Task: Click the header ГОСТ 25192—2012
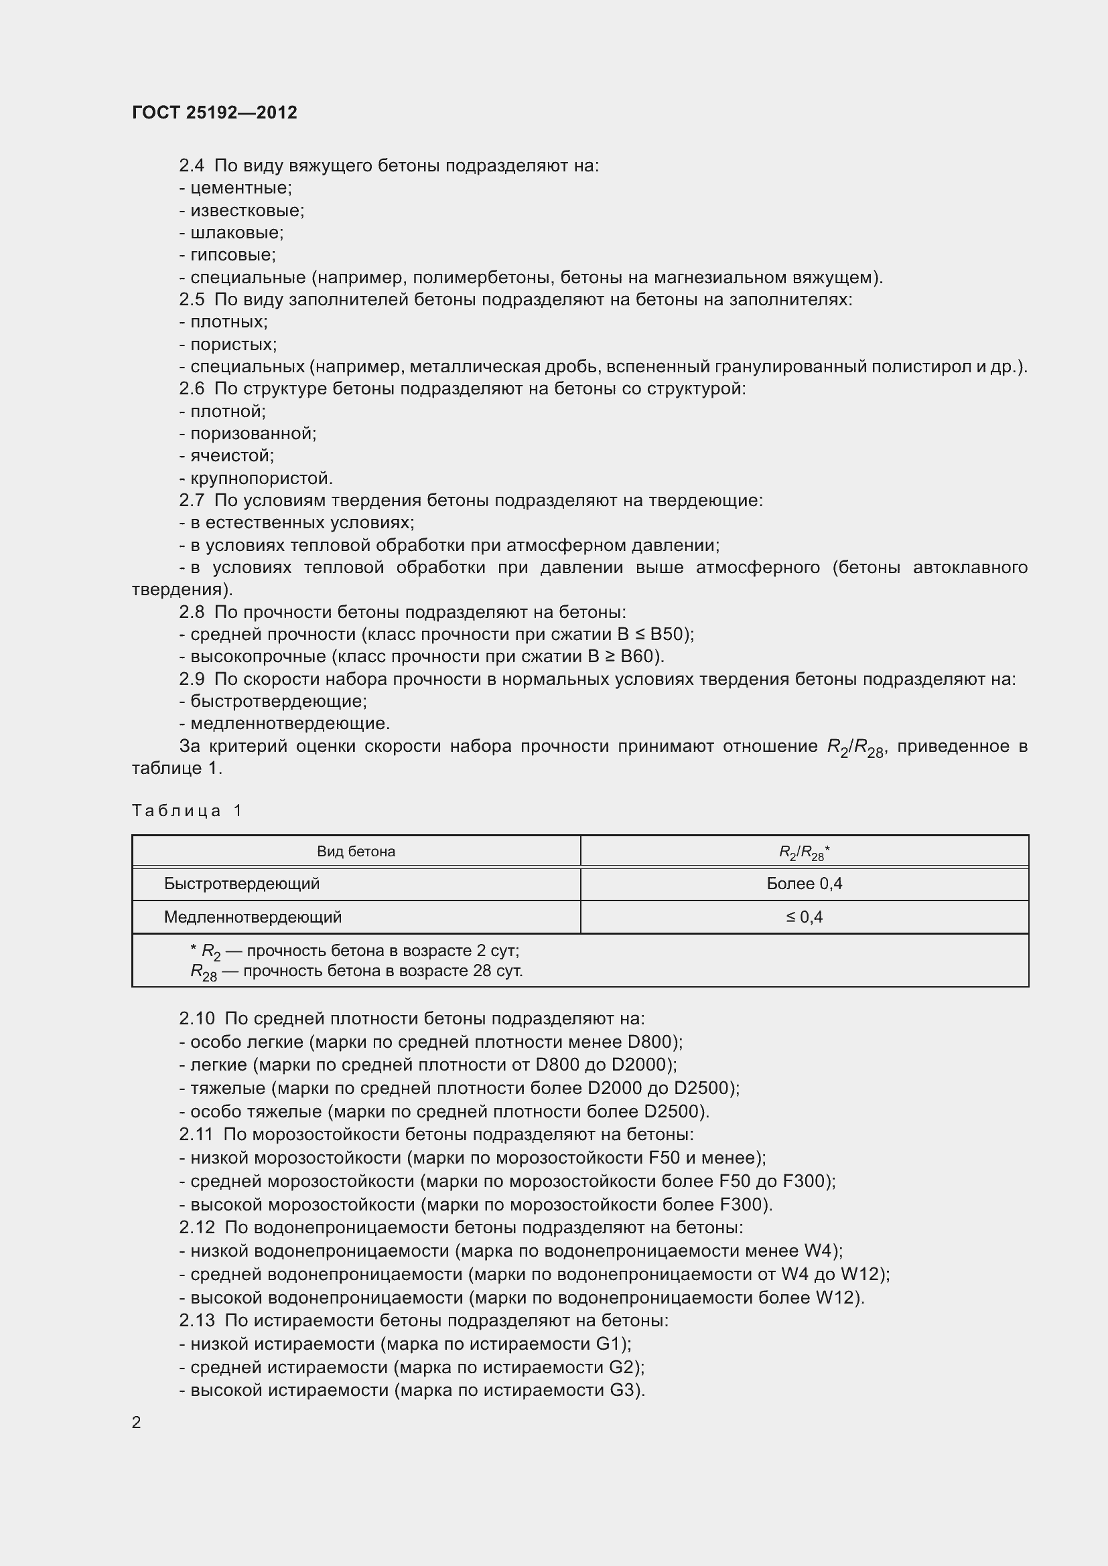pos(214,112)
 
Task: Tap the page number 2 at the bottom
pos(137,1422)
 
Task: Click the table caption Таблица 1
pos(187,810)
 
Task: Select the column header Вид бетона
pos(356,851)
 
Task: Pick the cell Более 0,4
pos(804,884)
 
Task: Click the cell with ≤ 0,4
pos(804,917)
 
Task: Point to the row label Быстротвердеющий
pos(242,884)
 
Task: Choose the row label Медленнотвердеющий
pos(253,917)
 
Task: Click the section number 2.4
pos(192,166)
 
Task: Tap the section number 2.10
pos(196,1018)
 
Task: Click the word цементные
pos(240,187)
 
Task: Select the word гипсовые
pos(232,255)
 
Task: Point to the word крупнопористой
pos(261,478)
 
